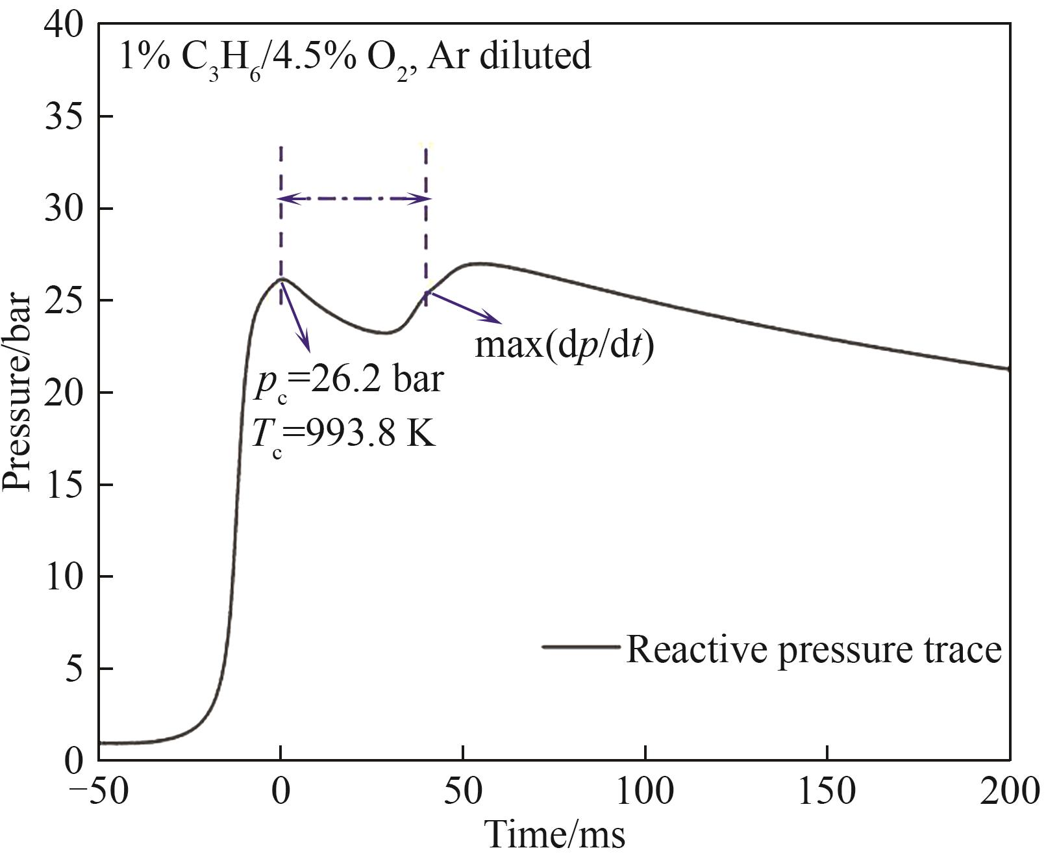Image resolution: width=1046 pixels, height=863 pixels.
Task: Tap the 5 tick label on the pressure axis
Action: (x=75, y=669)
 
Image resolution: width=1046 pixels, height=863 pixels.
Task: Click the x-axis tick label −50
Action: (x=97, y=794)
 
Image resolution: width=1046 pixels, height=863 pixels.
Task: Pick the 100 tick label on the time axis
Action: (x=645, y=794)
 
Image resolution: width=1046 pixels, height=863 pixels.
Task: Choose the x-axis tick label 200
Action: (x=1010, y=794)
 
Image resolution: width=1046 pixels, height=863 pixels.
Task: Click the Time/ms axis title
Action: (x=554, y=836)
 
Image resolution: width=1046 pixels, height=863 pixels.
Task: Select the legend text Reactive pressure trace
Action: (x=814, y=649)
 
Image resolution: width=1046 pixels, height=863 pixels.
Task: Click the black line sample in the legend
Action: (x=581, y=647)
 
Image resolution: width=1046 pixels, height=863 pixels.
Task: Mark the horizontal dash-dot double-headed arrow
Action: (x=354, y=199)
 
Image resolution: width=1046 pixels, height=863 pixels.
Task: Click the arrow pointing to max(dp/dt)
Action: (x=464, y=307)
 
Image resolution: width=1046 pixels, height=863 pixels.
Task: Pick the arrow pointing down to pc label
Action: (x=295, y=316)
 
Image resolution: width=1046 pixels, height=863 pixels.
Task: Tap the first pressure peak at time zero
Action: (x=281, y=279)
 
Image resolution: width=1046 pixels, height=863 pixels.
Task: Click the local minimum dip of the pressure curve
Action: (x=386, y=333)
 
